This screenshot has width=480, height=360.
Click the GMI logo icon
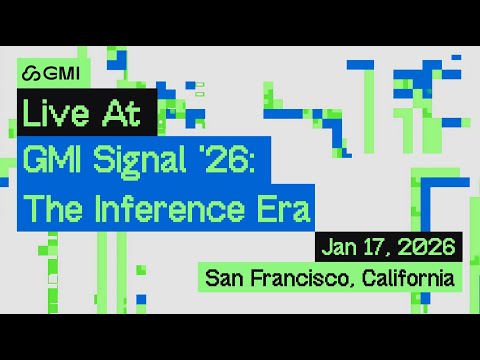tap(31, 73)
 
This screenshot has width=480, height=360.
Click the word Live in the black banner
tap(56, 113)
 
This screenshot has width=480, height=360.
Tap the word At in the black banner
tap(121, 113)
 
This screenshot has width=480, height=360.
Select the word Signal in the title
tap(139, 161)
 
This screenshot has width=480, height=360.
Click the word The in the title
tap(53, 209)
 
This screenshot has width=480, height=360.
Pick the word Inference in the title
tap(170, 209)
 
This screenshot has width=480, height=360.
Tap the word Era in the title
tap(284, 209)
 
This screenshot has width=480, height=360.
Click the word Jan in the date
tap(339, 247)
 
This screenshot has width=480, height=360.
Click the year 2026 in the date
tap(427, 247)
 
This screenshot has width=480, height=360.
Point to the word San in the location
tap(224, 278)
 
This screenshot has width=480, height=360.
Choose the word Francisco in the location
tap(300, 278)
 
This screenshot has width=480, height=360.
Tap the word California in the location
tap(408, 278)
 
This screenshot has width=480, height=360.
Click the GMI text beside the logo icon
tap(62, 73)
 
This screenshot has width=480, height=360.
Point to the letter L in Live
tap(29, 113)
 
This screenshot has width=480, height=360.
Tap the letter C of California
tap(369, 278)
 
